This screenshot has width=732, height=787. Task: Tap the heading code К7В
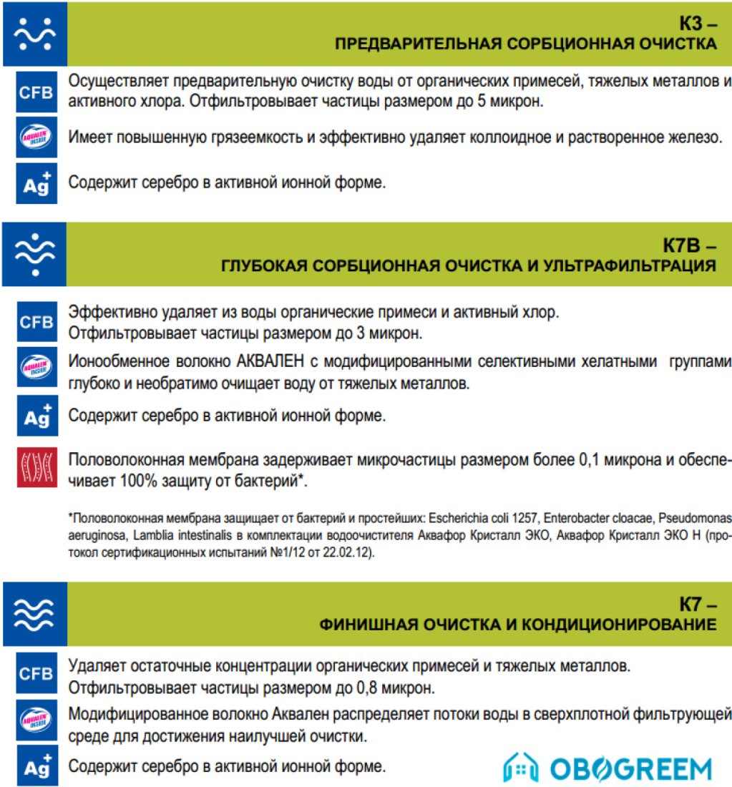(684, 247)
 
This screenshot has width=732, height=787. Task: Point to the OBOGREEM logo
(607, 768)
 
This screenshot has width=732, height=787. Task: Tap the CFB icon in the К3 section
(36, 92)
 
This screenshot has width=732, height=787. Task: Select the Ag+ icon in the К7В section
(36, 416)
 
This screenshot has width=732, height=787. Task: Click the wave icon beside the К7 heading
(34, 615)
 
